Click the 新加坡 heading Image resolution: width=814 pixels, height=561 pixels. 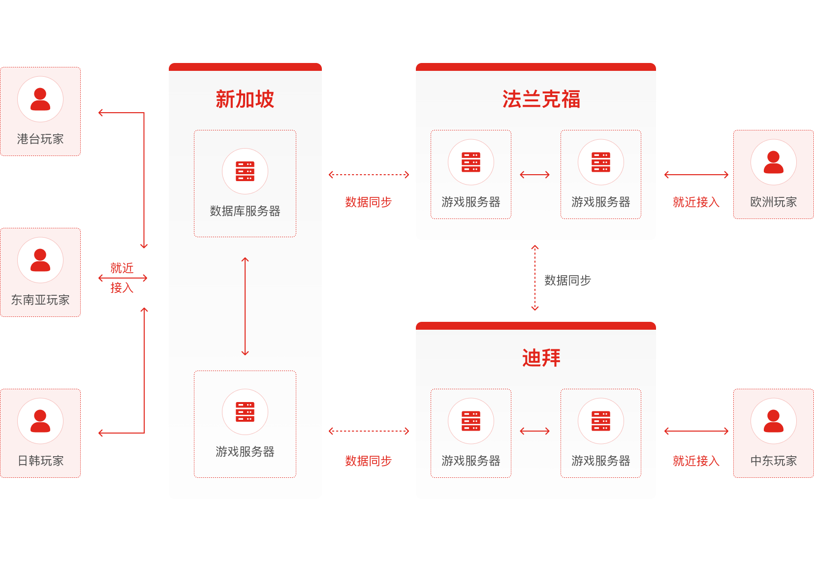[x=245, y=99]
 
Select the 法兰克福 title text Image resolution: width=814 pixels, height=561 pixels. [x=541, y=99]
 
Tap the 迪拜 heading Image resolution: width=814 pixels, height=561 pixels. [x=541, y=358]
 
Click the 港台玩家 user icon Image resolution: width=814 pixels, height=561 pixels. [x=40, y=99]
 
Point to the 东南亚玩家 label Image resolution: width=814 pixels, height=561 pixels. [x=40, y=300]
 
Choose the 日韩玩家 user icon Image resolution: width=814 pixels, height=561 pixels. [x=40, y=421]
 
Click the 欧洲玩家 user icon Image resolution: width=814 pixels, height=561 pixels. [x=773, y=162]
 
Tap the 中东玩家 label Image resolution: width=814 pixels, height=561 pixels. [x=773, y=461]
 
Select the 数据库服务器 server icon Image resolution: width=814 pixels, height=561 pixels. [x=245, y=171]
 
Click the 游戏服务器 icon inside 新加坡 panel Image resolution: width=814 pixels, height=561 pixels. [x=245, y=412]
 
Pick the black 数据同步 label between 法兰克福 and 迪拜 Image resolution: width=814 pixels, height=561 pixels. [x=567, y=280]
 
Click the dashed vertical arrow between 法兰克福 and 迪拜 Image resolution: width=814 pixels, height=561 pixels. [x=535, y=278]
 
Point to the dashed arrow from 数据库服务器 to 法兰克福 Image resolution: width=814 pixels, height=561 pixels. [x=369, y=175]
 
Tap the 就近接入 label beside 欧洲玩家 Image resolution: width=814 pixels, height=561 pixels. [x=696, y=202]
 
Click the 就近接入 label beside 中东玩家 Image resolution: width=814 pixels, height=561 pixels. [x=696, y=461]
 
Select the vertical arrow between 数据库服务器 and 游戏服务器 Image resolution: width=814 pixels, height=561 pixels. [x=245, y=306]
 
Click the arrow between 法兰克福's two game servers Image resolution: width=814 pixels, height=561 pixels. [x=534, y=175]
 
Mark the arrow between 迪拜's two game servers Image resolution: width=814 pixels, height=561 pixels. [x=534, y=431]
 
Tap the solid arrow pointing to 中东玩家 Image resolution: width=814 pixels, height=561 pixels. [x=696, y=431]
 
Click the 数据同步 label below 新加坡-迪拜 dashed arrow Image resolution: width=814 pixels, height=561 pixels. [x=368, y=461]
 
